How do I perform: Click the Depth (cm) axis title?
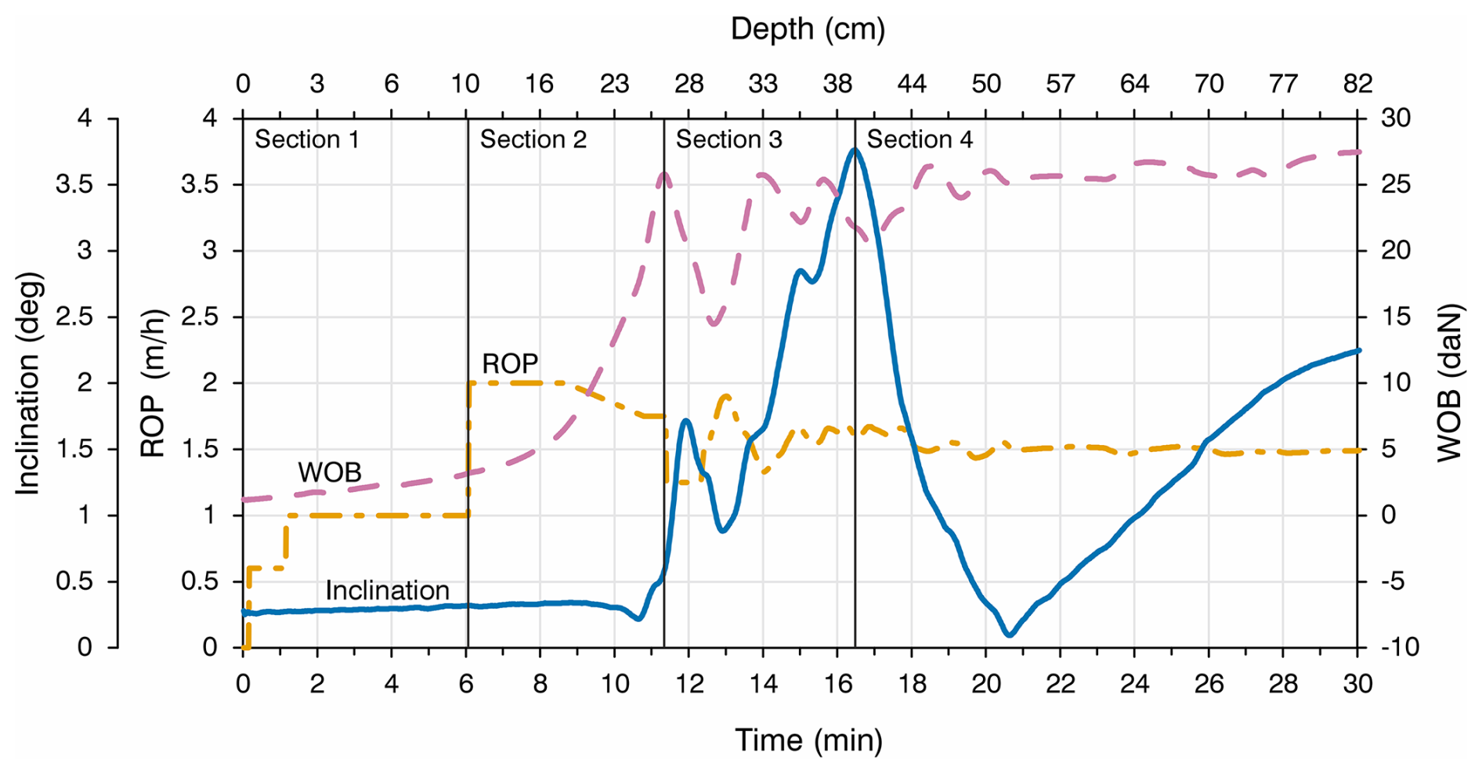click(x=808, y=30)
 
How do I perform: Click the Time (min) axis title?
click(x=808, y=740)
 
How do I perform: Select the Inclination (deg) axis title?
click(x=28, y=384)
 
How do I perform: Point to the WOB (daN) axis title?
click(x=1450, y=384)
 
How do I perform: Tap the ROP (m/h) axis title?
click(x=153, y=384)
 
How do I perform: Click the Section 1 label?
click(x=306, y=140)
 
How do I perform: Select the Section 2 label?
click(x=533, y=140)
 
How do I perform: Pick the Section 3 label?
click(x=728, y=140)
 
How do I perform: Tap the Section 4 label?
click(x=919, y=140)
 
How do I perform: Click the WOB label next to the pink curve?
click(x=329, y=472)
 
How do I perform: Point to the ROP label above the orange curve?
click(x=510, y=364)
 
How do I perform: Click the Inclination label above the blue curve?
click(x=387, y=591)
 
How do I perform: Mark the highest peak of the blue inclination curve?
click(x=854, y=149)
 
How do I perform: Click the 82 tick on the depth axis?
click(x=1357, y=84)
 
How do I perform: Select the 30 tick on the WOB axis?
click(x=1395, y=119)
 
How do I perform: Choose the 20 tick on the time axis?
click(x=986, y=685)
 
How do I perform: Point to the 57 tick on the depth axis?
click(x=1061, y=84)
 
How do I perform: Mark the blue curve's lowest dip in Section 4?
click(x=1009, y=634)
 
